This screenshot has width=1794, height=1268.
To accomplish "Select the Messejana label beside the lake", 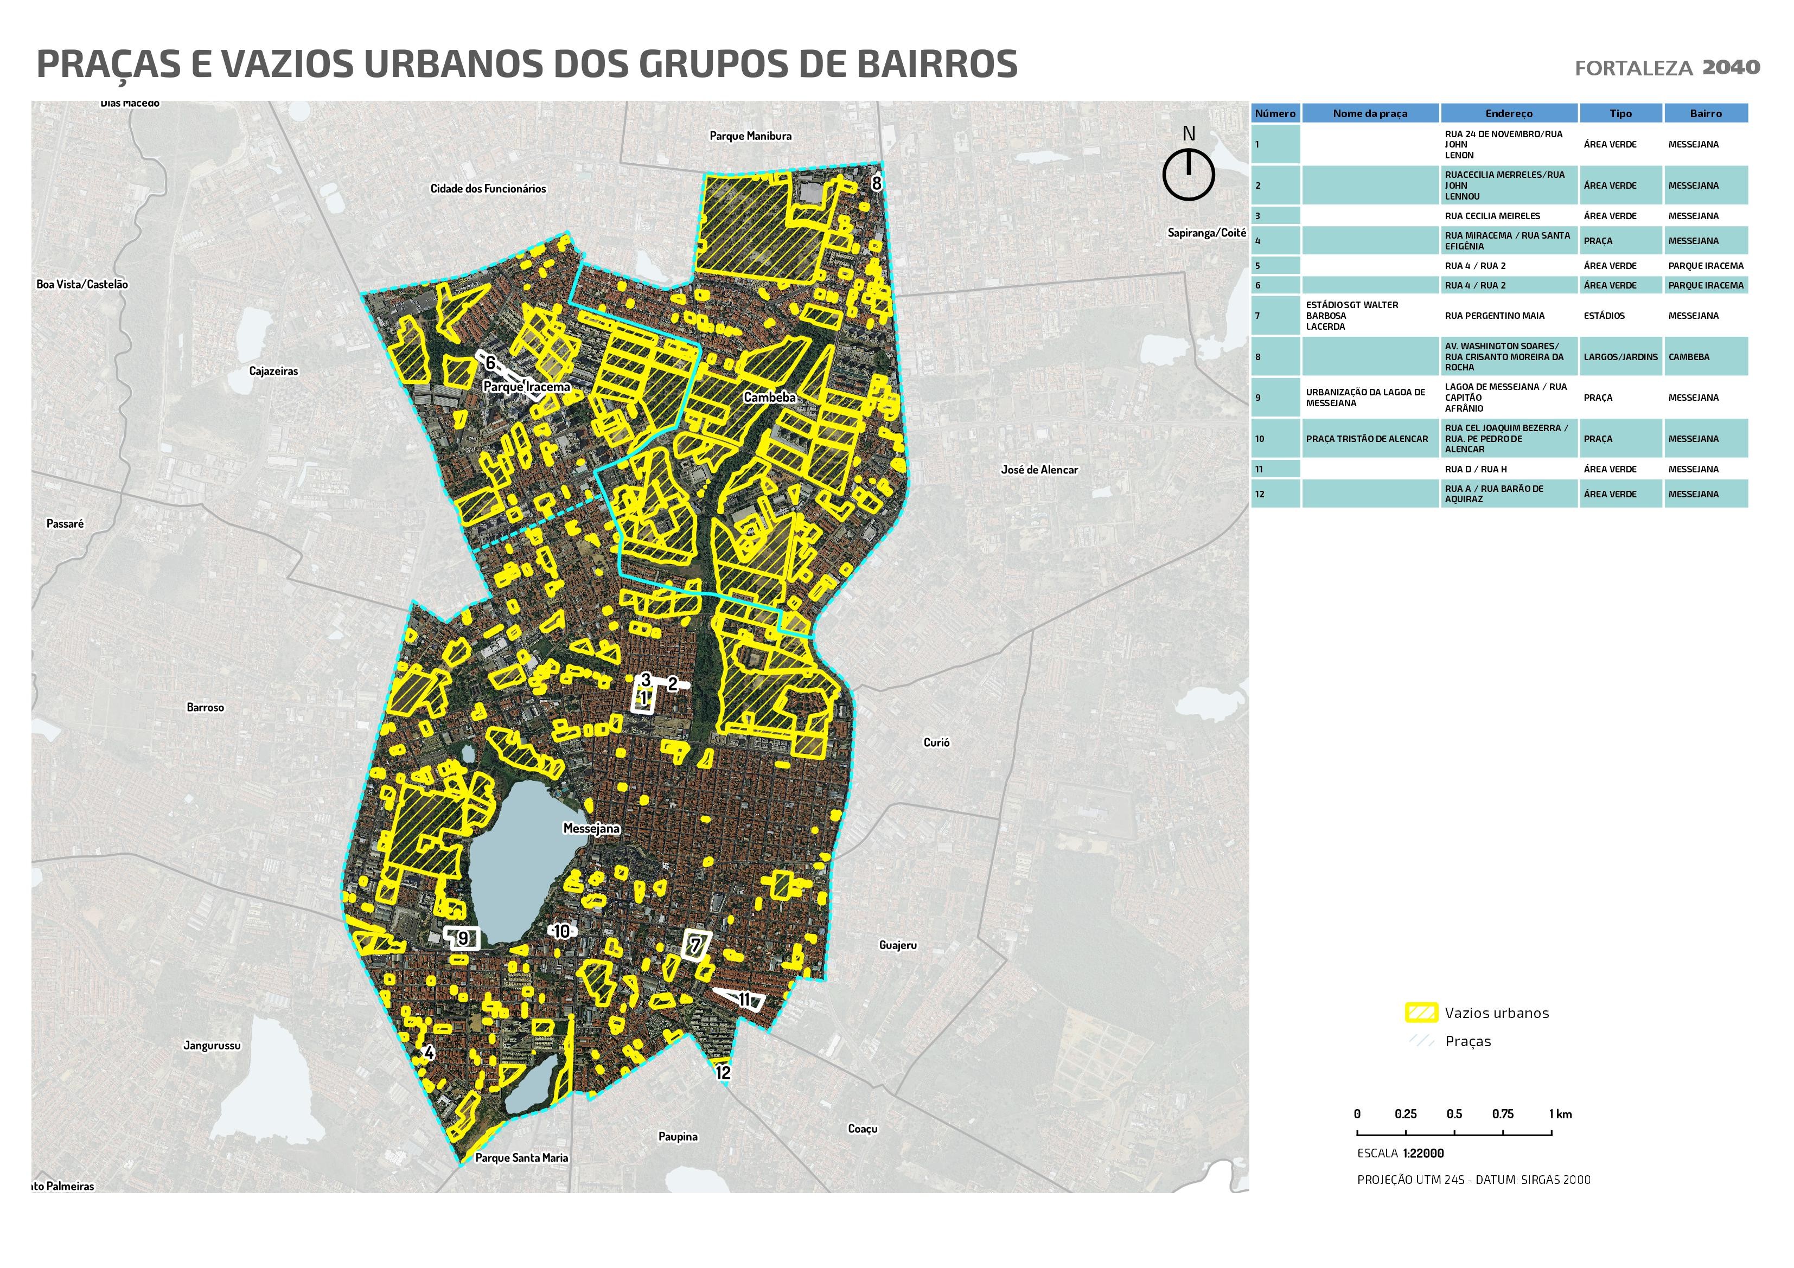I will click(591, 829).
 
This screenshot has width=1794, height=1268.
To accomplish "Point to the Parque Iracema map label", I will click(527, 387).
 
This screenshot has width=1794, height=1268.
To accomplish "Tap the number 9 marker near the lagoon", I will click(463, 938).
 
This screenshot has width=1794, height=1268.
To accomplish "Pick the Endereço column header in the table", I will click(1508, 113).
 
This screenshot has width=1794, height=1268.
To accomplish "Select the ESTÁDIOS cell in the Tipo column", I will click(1604, 316).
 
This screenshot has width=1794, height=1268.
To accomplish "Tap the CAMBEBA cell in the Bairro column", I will click(1689, 357).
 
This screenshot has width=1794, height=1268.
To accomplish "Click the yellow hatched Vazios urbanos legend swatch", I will click(1421, 1013).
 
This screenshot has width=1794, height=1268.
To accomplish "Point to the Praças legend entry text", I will click(1467, 1041).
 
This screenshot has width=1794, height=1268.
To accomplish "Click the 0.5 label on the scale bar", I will click(1453, 1114).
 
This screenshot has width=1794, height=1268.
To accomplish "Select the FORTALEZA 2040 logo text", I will click(1667, 68).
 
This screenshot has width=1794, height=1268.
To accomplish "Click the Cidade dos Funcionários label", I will click(488, 188).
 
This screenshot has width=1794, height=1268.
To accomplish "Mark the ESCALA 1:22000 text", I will click(1400, 1153).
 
